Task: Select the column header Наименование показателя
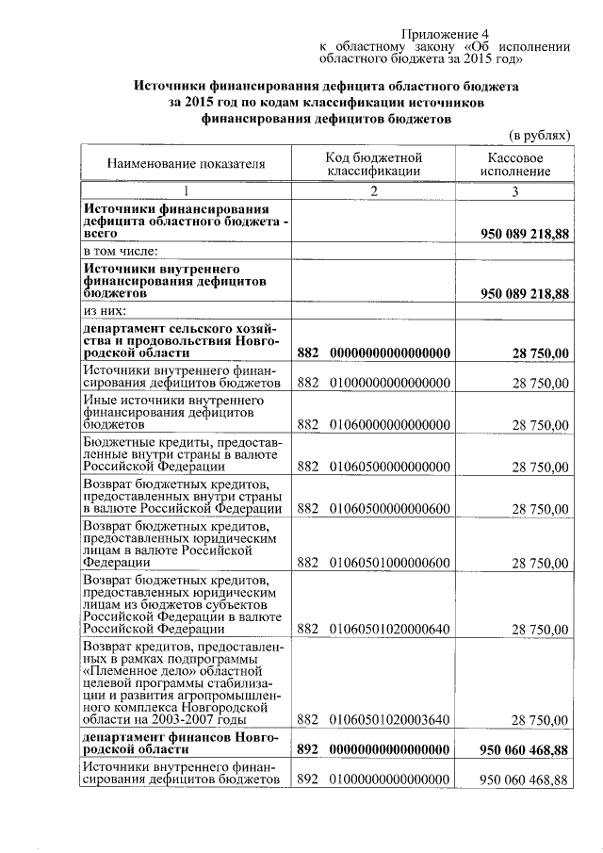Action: point(186,164)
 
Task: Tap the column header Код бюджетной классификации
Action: point(373,164)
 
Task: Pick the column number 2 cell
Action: point(373,191)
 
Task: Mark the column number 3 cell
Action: point(514,191)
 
